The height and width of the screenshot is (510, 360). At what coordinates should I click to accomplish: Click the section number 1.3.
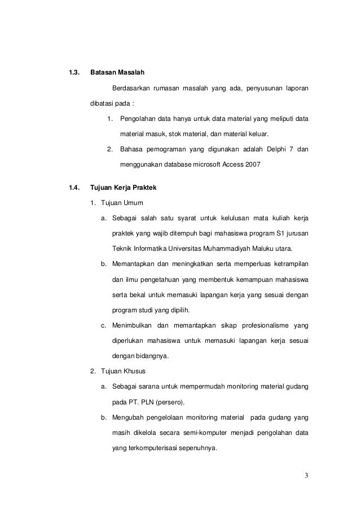(x=73, y=73)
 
